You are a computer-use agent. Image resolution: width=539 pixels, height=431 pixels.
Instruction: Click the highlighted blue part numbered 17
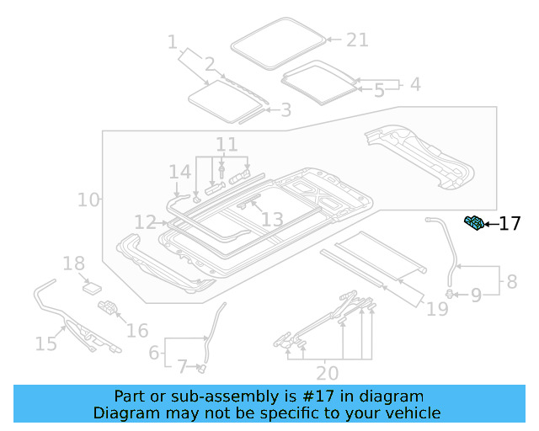(x=475, y=222)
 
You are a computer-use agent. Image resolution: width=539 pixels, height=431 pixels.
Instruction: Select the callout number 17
(x=510, y=224)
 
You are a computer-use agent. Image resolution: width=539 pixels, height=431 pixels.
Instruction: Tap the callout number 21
(x=357, y=40)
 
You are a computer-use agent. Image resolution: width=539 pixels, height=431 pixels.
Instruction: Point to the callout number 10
(x=87, y=200)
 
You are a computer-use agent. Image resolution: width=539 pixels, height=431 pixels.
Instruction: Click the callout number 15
(x=45, y=343)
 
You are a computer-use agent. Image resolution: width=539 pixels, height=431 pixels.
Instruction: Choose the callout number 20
(x=327, y=372)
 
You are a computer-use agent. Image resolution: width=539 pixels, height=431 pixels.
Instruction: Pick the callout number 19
(x=437, y=309)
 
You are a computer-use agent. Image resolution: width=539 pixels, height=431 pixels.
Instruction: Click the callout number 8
(x=511, y=281)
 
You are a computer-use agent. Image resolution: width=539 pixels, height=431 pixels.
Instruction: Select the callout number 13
(x=271, y=220)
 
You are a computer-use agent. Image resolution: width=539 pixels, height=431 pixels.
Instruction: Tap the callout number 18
(x=74, y=263)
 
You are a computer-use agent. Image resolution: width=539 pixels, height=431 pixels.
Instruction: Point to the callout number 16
(x=136, y=331)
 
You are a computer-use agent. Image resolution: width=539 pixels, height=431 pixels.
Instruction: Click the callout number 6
(x=153, y=353)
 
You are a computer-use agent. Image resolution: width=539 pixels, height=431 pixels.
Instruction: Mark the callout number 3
(x=286, y=109)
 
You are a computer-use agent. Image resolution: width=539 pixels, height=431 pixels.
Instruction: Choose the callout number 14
(x=179, y=173)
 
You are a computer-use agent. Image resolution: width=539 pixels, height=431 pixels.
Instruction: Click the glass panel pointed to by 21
(x=277, y=41)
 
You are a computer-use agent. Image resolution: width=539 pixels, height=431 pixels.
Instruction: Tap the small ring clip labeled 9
(x=451, y=293)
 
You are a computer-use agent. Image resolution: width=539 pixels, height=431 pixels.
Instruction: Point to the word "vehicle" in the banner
(x=414, y=412)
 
